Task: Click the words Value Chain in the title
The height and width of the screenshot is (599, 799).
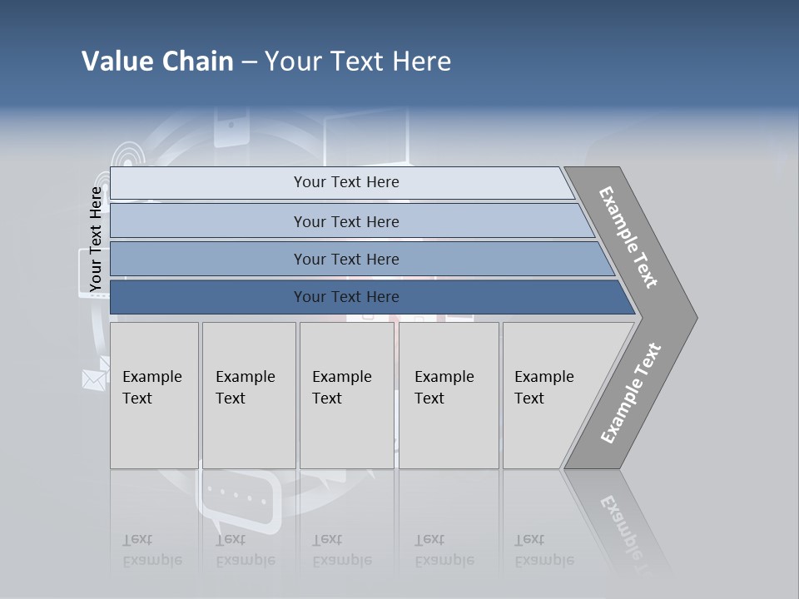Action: [157, 62]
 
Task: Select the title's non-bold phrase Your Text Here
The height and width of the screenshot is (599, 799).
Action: [358, 62]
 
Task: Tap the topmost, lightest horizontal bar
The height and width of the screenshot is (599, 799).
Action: [345, 182]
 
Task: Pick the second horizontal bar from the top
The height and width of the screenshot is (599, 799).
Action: [345, 221]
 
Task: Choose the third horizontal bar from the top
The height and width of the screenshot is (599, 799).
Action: [345, 259]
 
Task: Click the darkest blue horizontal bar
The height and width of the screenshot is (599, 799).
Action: [345, 297]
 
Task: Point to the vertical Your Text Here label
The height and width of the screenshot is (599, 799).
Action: [96, 239]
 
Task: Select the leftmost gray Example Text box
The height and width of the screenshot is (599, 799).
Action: [154, 395]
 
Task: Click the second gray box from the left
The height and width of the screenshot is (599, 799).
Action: [249, 395]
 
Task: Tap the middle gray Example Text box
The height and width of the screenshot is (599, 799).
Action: [346, 395]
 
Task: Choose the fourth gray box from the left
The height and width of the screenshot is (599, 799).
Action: [449, 395]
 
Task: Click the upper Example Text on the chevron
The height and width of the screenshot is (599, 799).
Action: [628, 237]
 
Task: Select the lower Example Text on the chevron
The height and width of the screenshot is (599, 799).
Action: [631, 393]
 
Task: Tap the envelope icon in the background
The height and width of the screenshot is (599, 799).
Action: [94, 379]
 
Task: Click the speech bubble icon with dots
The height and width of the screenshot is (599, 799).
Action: [238, 498]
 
